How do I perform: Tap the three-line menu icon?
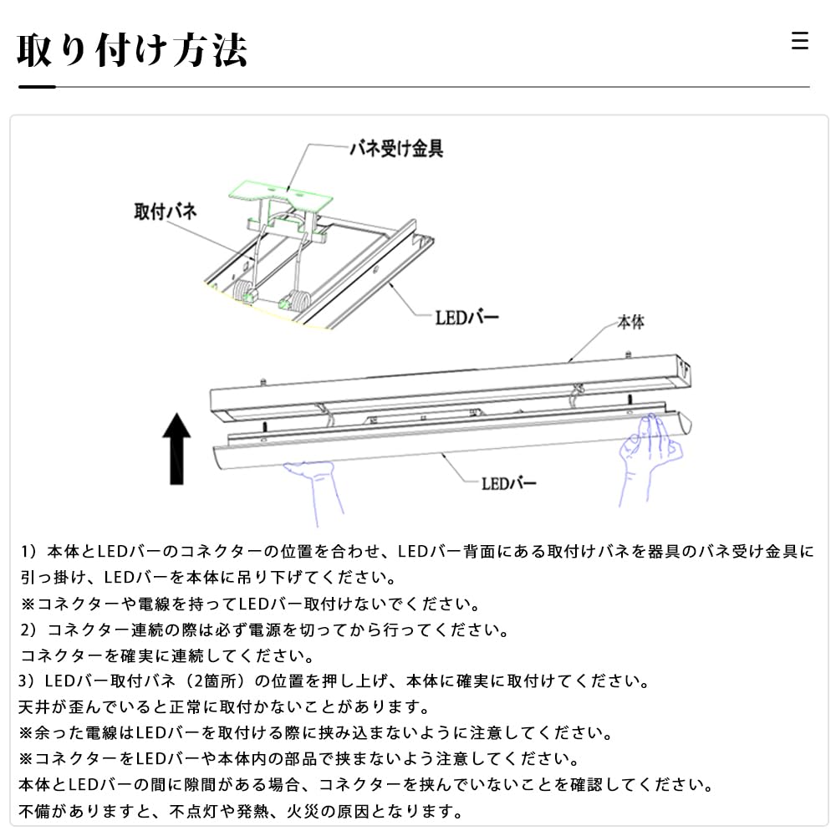pos(800,41)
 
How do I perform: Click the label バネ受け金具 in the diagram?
pos(395,150)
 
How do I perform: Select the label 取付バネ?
pos(166,211)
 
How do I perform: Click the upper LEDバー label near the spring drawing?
pos(466,318)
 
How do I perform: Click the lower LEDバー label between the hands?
pos(508,483)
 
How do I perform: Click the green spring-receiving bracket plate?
pos(283,193)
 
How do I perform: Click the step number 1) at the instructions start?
pos(30,552)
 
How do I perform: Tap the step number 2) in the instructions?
pos(30,630)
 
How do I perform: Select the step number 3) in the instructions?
pos(30,681)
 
